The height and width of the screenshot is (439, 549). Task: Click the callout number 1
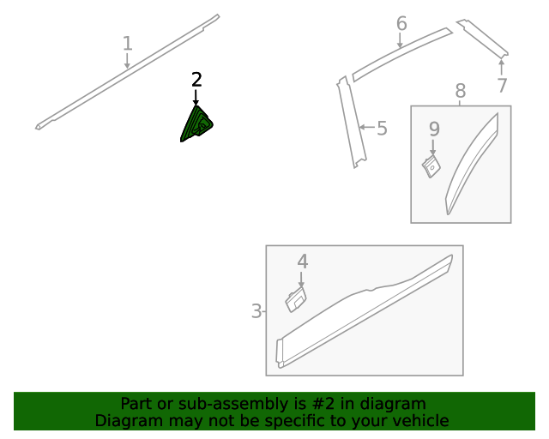click(128, 44)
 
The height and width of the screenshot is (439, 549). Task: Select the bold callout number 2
click(196, 80)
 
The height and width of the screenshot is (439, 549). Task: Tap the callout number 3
click(256, 311)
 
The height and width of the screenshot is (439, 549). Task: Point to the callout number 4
click(303, 262)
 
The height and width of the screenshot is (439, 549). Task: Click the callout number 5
click(382, 128)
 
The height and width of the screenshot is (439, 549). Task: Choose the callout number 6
click(401, 23)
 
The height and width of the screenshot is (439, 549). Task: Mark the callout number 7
click(502, 85)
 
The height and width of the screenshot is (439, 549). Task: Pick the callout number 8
click(461, 91)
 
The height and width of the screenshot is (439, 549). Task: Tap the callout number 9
click(434, 129)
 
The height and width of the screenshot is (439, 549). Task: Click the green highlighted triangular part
click(196, 124)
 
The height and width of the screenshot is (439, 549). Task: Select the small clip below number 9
click(431, 166)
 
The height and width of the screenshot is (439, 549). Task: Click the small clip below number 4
click(296, 299)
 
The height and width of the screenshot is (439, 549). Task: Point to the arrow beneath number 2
click(196, 97)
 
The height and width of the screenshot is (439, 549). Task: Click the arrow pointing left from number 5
click(367, 127)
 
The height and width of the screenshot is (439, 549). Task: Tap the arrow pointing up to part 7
click(501, 67)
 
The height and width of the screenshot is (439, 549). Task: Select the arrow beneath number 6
click(400, 40)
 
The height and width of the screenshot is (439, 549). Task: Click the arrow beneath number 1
click(127, 61)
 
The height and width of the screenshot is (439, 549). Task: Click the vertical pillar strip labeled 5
click(351, 122)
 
